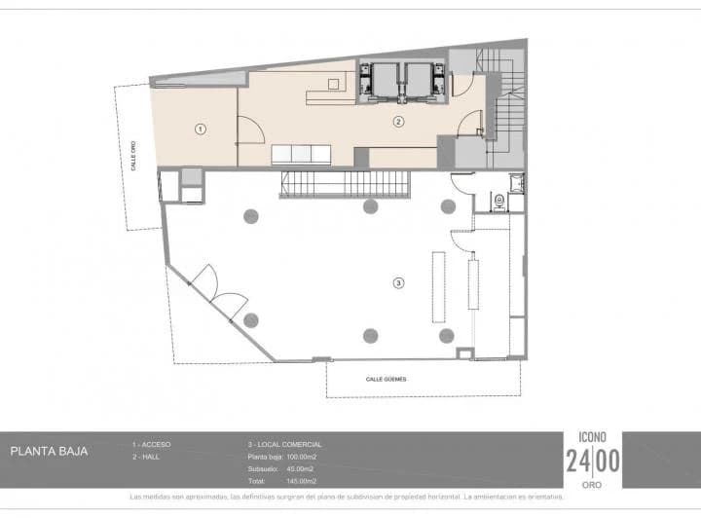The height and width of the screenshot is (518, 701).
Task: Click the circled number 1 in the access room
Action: [201, 129]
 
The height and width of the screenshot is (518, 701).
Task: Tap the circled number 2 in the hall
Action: [398, 122]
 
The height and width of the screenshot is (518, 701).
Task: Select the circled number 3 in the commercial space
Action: [397, 283]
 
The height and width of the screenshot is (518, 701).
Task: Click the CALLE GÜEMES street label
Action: [386, 379]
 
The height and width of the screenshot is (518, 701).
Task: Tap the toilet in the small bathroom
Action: [499, 201]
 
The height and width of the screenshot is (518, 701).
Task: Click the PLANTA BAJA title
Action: [49, 452]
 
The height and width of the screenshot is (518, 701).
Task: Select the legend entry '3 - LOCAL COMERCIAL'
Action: [285, 444]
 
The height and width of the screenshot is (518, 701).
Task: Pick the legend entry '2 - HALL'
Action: [146, 457]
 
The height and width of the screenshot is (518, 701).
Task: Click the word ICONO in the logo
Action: [593, 437]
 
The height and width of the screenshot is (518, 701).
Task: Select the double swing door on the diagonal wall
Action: [219, 293]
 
